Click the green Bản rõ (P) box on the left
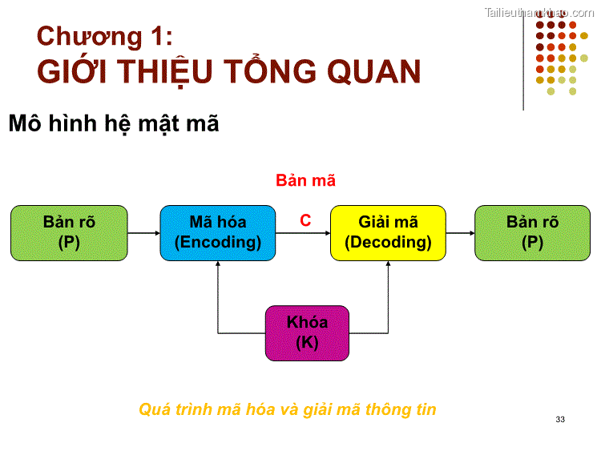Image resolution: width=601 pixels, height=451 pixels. tap(69, 233)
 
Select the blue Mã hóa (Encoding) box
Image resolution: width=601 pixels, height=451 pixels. tap(218, 233)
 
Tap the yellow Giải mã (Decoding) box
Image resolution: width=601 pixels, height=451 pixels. tap(388, 233)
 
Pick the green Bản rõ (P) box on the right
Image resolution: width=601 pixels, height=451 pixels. tap(532, 233)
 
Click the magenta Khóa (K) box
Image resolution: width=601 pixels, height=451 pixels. tap(307, 332)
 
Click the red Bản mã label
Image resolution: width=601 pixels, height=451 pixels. tap(305, 181)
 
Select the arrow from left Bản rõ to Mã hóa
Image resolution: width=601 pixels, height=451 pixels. tap(144, 233)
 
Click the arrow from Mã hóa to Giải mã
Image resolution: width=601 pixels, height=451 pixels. tap(303, 233)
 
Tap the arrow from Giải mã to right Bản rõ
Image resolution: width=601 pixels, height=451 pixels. tap(460, 233)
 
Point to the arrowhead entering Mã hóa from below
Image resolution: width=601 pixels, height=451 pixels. tap(218, 266)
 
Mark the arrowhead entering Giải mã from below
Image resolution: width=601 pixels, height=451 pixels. tap(388, 266)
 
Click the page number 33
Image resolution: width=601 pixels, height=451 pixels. tap(559, 420)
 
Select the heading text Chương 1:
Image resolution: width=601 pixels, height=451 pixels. tap(104, 36)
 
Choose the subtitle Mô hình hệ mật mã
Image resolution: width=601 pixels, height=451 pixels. tap(113, 124)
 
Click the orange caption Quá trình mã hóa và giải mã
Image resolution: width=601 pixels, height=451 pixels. tap(288, 409)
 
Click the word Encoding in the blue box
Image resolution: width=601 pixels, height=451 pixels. tap(218, 243)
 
